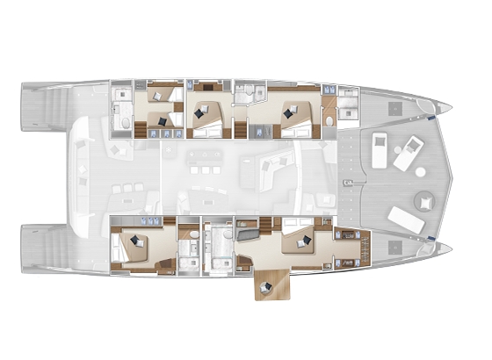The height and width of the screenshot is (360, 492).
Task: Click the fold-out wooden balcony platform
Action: [x=273, y=285]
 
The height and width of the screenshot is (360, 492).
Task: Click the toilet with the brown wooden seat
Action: [x=329, y=117]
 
